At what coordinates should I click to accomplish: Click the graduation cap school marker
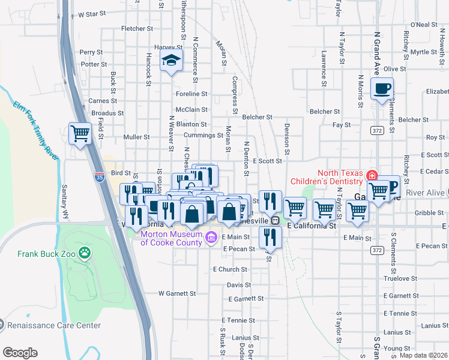click(x=172, y=60)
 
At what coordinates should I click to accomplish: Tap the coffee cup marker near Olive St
click(x=382, y=89)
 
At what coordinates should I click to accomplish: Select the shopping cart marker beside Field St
click(x=80, y=133)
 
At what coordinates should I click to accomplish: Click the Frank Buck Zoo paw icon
click(x=85, y=254)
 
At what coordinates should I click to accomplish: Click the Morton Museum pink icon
click(x=210, y=238)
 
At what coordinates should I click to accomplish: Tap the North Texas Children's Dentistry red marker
click(x=372, y=176)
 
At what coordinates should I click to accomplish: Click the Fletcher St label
click(x=133, y=28)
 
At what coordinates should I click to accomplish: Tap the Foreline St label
click(x=191, y=94)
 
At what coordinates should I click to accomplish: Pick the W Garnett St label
click(x=177, y=293)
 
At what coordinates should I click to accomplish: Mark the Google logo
click(x=20, y=353)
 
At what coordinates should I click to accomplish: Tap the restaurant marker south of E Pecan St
click(x=270, y=238)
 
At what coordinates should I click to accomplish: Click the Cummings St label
click(x=203, y=135)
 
